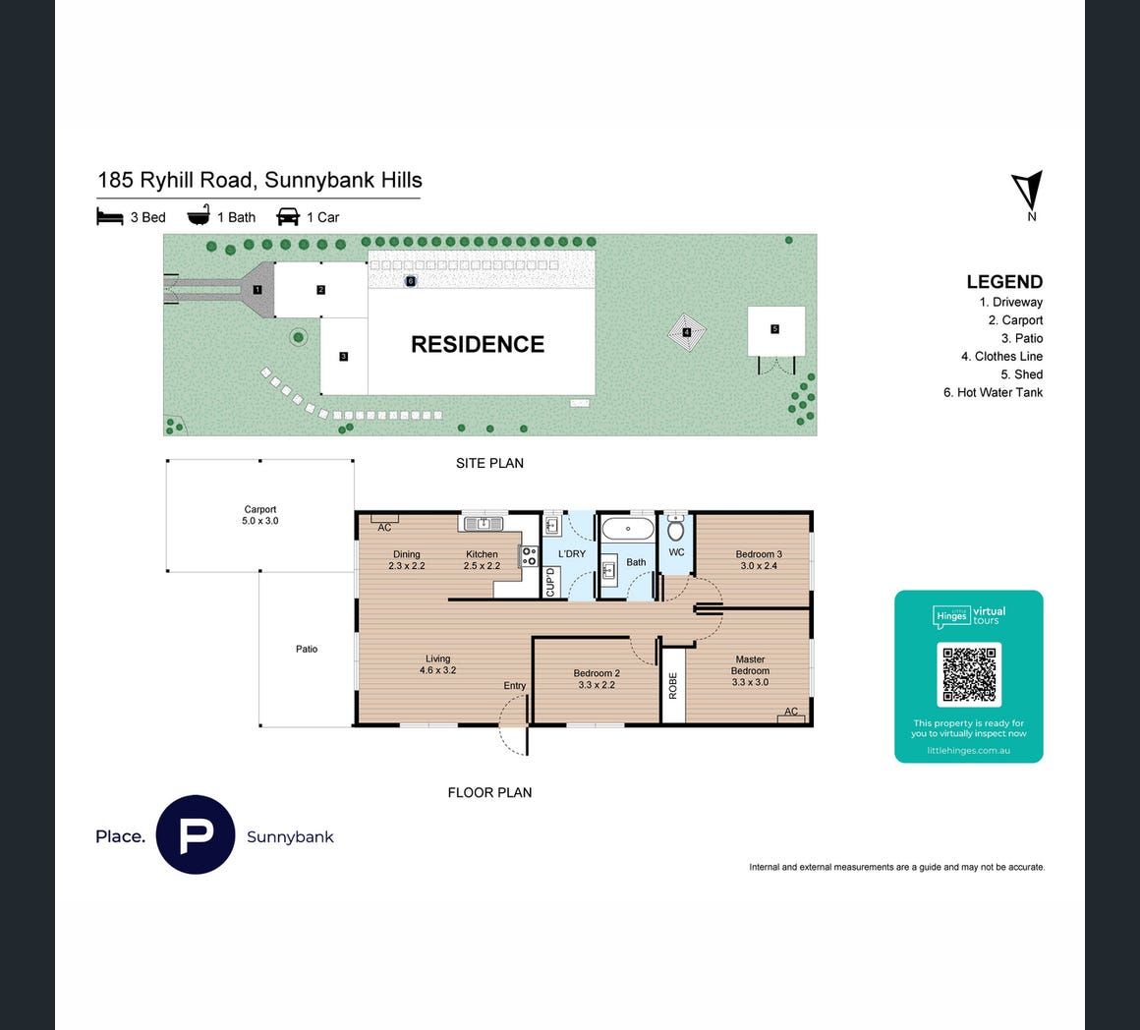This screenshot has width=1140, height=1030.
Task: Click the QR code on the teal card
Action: click(x=969, y=674)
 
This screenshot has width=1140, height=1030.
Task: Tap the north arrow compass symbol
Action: click(x=1028, y=192)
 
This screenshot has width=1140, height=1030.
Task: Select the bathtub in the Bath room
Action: click(x=628, y=529)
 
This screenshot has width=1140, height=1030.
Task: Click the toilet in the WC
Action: click(x=676, y=529)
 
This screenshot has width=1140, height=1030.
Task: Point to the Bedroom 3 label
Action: click(x=759, y=559)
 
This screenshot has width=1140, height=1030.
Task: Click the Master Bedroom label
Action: click(x=750, y=671)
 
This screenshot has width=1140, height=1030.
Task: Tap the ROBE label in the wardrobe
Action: click(x=672, y=685)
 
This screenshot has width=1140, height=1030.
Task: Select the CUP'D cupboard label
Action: click(x=550, y=582)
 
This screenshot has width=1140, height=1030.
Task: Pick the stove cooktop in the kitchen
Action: click(x=530, y=556)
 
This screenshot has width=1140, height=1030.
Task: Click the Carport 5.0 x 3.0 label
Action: click(x=260, y=515)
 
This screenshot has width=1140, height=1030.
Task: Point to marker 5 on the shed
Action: click(x=775, y=329)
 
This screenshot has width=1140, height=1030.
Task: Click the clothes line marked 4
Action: click(x=686, y=333)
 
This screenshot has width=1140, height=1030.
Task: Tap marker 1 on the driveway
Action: click(x=256, y=290)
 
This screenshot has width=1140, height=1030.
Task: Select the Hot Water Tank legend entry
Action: click(x=994, y=392)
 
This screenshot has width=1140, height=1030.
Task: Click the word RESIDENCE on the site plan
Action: click(x=478, y=345)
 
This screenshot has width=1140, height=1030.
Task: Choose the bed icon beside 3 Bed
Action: click(x=110, y=216)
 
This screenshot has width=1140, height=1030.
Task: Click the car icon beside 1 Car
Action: click(x=288, y=216)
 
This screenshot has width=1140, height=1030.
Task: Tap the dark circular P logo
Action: click(x=196, y=834)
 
